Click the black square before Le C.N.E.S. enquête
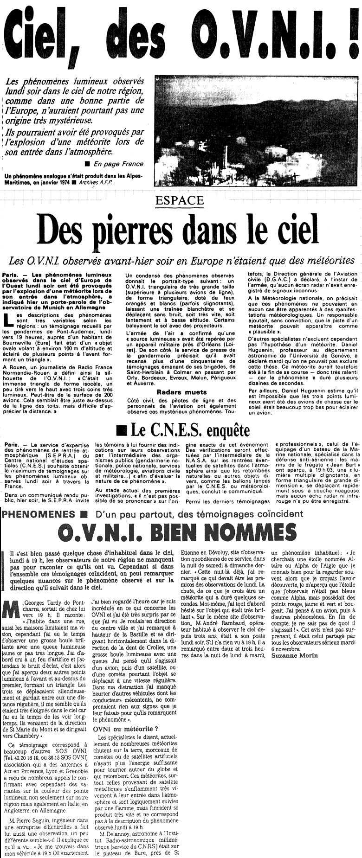point(122,430)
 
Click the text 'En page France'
point(118,163)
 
